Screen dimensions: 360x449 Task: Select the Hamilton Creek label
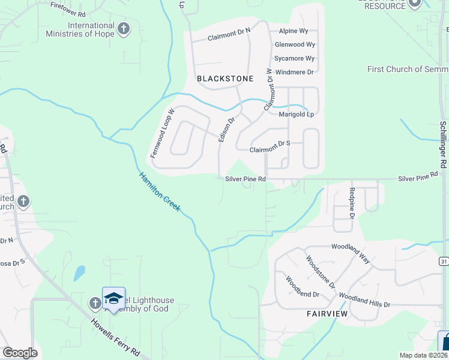[x=160, y=191]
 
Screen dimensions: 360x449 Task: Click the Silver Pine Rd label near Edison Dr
[x=245, y=178]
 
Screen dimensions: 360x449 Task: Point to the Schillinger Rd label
[x=443, y=145]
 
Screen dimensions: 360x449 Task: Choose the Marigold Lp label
[x=297, y=114]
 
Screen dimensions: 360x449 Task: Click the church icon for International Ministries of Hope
[x=124, y=29]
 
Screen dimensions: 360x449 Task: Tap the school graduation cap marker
[x=113, y=299]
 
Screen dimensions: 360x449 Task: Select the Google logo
[x=20, y=353]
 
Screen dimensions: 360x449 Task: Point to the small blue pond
[x=79, y=274]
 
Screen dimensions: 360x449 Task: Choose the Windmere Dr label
[x=294, y=72]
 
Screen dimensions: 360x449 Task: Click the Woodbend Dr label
[x=302, y=287]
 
